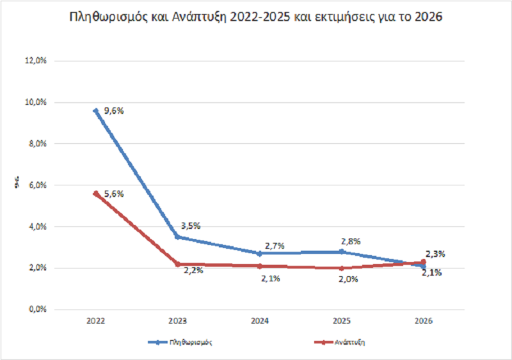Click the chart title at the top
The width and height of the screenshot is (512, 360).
click(256, 18)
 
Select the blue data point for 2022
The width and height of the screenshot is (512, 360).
click(96, 111)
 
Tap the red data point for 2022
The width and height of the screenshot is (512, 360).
click(96, 193)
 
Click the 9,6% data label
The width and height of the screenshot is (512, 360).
click(113, 111)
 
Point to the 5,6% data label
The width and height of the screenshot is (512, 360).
click(113, 193)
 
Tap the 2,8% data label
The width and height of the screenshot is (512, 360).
click(351, 242)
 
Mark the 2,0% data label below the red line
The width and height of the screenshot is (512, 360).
click(348, 279)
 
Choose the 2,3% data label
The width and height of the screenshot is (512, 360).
click(436, 254)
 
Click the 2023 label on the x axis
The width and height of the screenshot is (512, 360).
click(178, 321)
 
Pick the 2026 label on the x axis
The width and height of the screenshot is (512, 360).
click(424, 321)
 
